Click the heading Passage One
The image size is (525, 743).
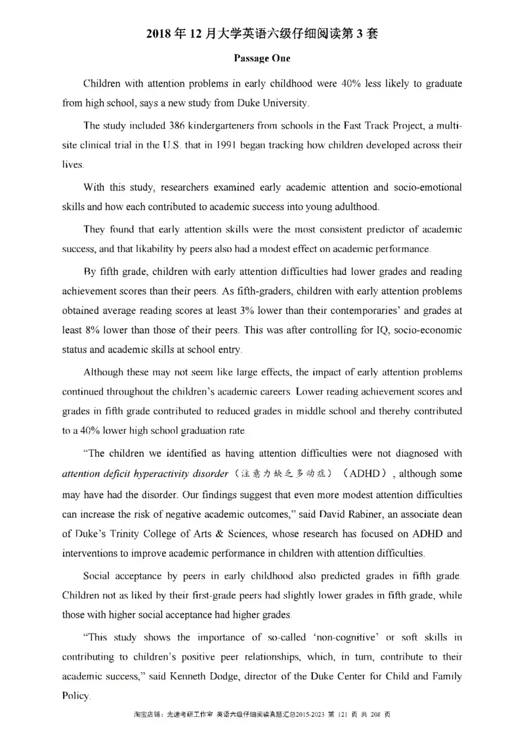point(262,58)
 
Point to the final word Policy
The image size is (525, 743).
point(75,695)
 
